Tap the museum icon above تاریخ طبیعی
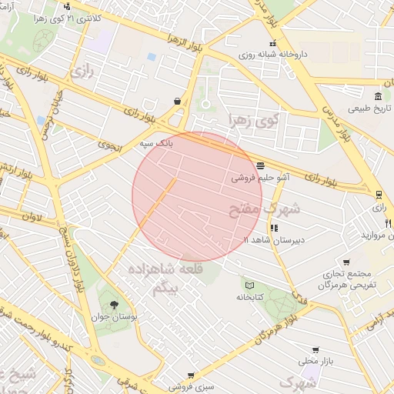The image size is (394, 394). tap(378, 96)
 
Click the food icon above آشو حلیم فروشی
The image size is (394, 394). tap(260, 165)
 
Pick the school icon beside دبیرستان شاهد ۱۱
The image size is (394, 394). tap(274, 228)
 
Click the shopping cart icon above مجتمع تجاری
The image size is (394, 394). tap(346, 262)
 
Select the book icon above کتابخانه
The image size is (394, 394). tap(248, 285)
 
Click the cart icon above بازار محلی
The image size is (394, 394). tap(316, 349)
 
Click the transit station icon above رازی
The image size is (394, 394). tap(379, 195)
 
